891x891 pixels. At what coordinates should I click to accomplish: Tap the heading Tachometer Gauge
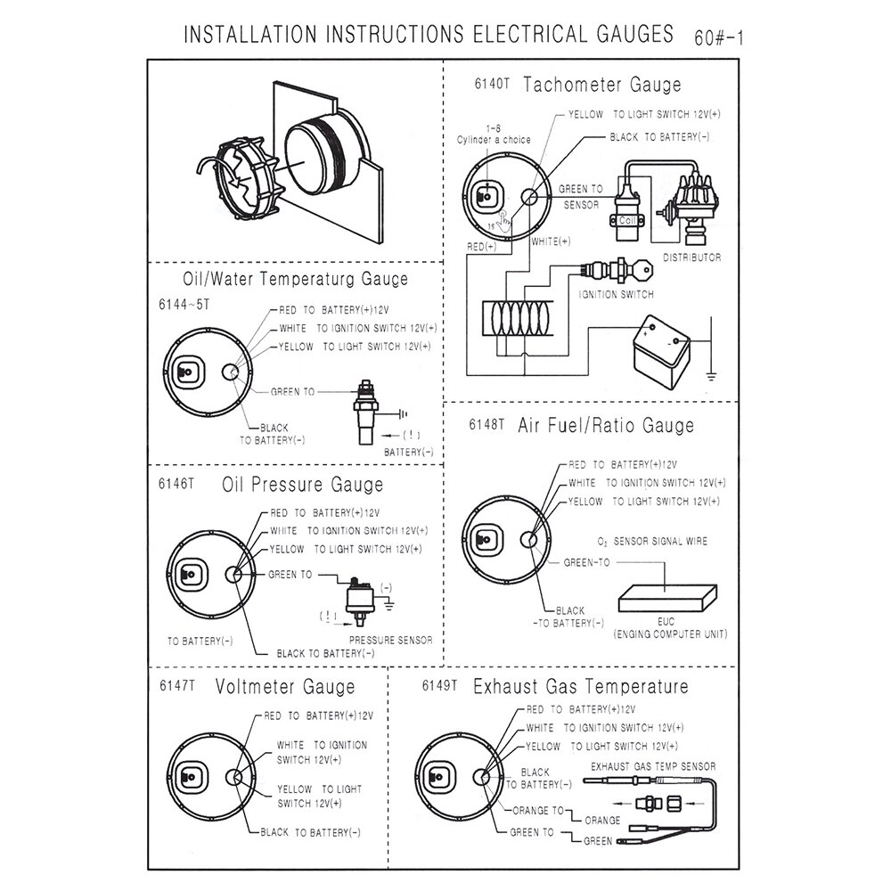coord(602,85)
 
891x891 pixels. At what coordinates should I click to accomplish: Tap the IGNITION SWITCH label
coord(616,294)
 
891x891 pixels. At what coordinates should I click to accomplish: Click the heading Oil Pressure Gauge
coord(303,485)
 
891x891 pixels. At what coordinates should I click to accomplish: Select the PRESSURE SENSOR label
coord(390,640)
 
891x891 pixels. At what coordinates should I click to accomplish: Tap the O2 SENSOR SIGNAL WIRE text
coord(654,542)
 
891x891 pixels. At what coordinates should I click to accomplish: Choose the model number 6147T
coord(176,687)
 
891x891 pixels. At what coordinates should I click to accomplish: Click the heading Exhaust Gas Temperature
coord(581,686)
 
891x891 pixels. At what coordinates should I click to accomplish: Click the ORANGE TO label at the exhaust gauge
coord(538,811)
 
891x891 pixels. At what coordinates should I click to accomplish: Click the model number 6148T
coord(487,424)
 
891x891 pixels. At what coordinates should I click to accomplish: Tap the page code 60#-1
coord(718,38)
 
